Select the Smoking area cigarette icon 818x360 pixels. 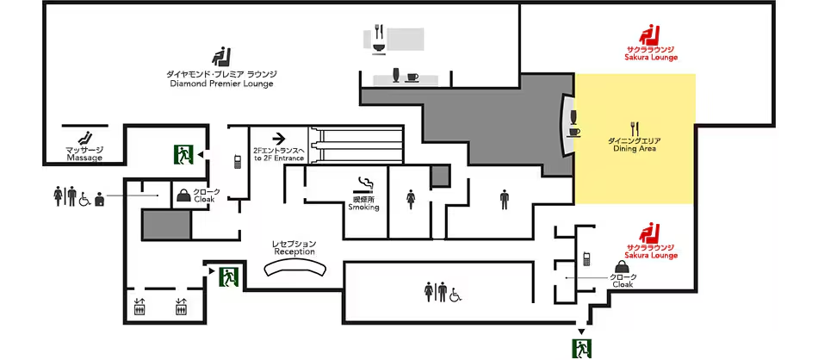(365, 184)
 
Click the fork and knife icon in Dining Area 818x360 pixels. (635, 128)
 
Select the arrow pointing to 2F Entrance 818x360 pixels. (279, 139)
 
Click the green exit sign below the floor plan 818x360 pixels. (581, 349)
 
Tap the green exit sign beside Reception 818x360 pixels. (228, 276)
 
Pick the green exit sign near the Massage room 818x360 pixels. (183, 154)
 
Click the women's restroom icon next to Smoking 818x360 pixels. (411, 199)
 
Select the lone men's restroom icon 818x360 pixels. (504, 199)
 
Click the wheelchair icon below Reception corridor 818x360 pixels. (457, 295)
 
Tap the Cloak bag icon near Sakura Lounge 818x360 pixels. (619, 266)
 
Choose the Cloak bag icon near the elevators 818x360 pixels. (183, 195)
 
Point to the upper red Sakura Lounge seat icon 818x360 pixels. (650, 35)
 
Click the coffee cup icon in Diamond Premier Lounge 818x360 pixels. (412, 78)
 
